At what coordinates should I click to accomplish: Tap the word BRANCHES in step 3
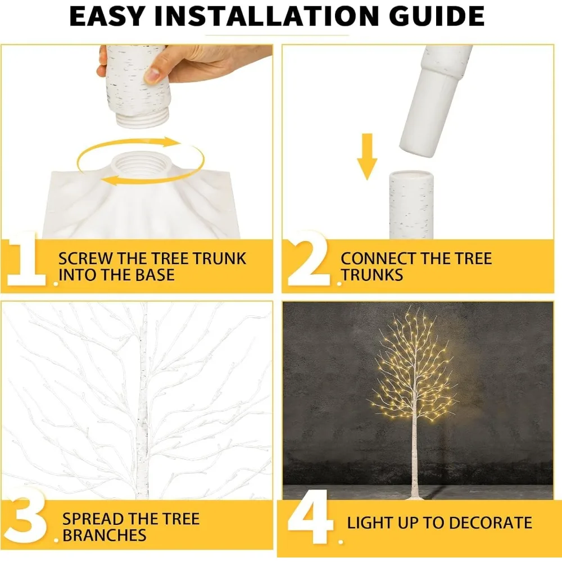pyautogui.click(x=104, y=535)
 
